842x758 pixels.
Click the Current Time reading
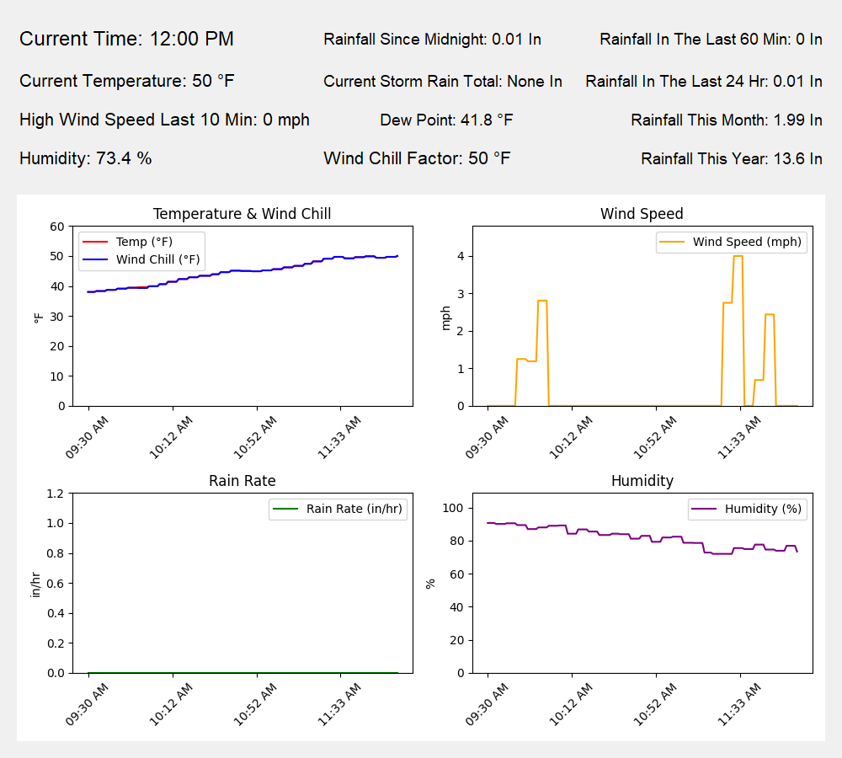(126, 39)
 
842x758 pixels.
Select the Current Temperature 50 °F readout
(126, 81)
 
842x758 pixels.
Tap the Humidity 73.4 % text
(85, 157)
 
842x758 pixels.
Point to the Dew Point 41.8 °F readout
(446, 120)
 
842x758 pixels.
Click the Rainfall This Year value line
(731, 158)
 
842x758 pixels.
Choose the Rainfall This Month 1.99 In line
(726, 120)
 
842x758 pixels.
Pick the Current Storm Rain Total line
(442, 81)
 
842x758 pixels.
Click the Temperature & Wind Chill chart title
(242, 214)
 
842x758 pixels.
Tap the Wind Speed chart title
(642, 214)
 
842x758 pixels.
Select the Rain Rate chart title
(242, 481)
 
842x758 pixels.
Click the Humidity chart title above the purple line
(642, 481)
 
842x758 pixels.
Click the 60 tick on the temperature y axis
(57, 227)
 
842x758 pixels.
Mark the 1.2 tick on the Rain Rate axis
(56, 494)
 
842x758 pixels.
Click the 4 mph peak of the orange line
(738, 256)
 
